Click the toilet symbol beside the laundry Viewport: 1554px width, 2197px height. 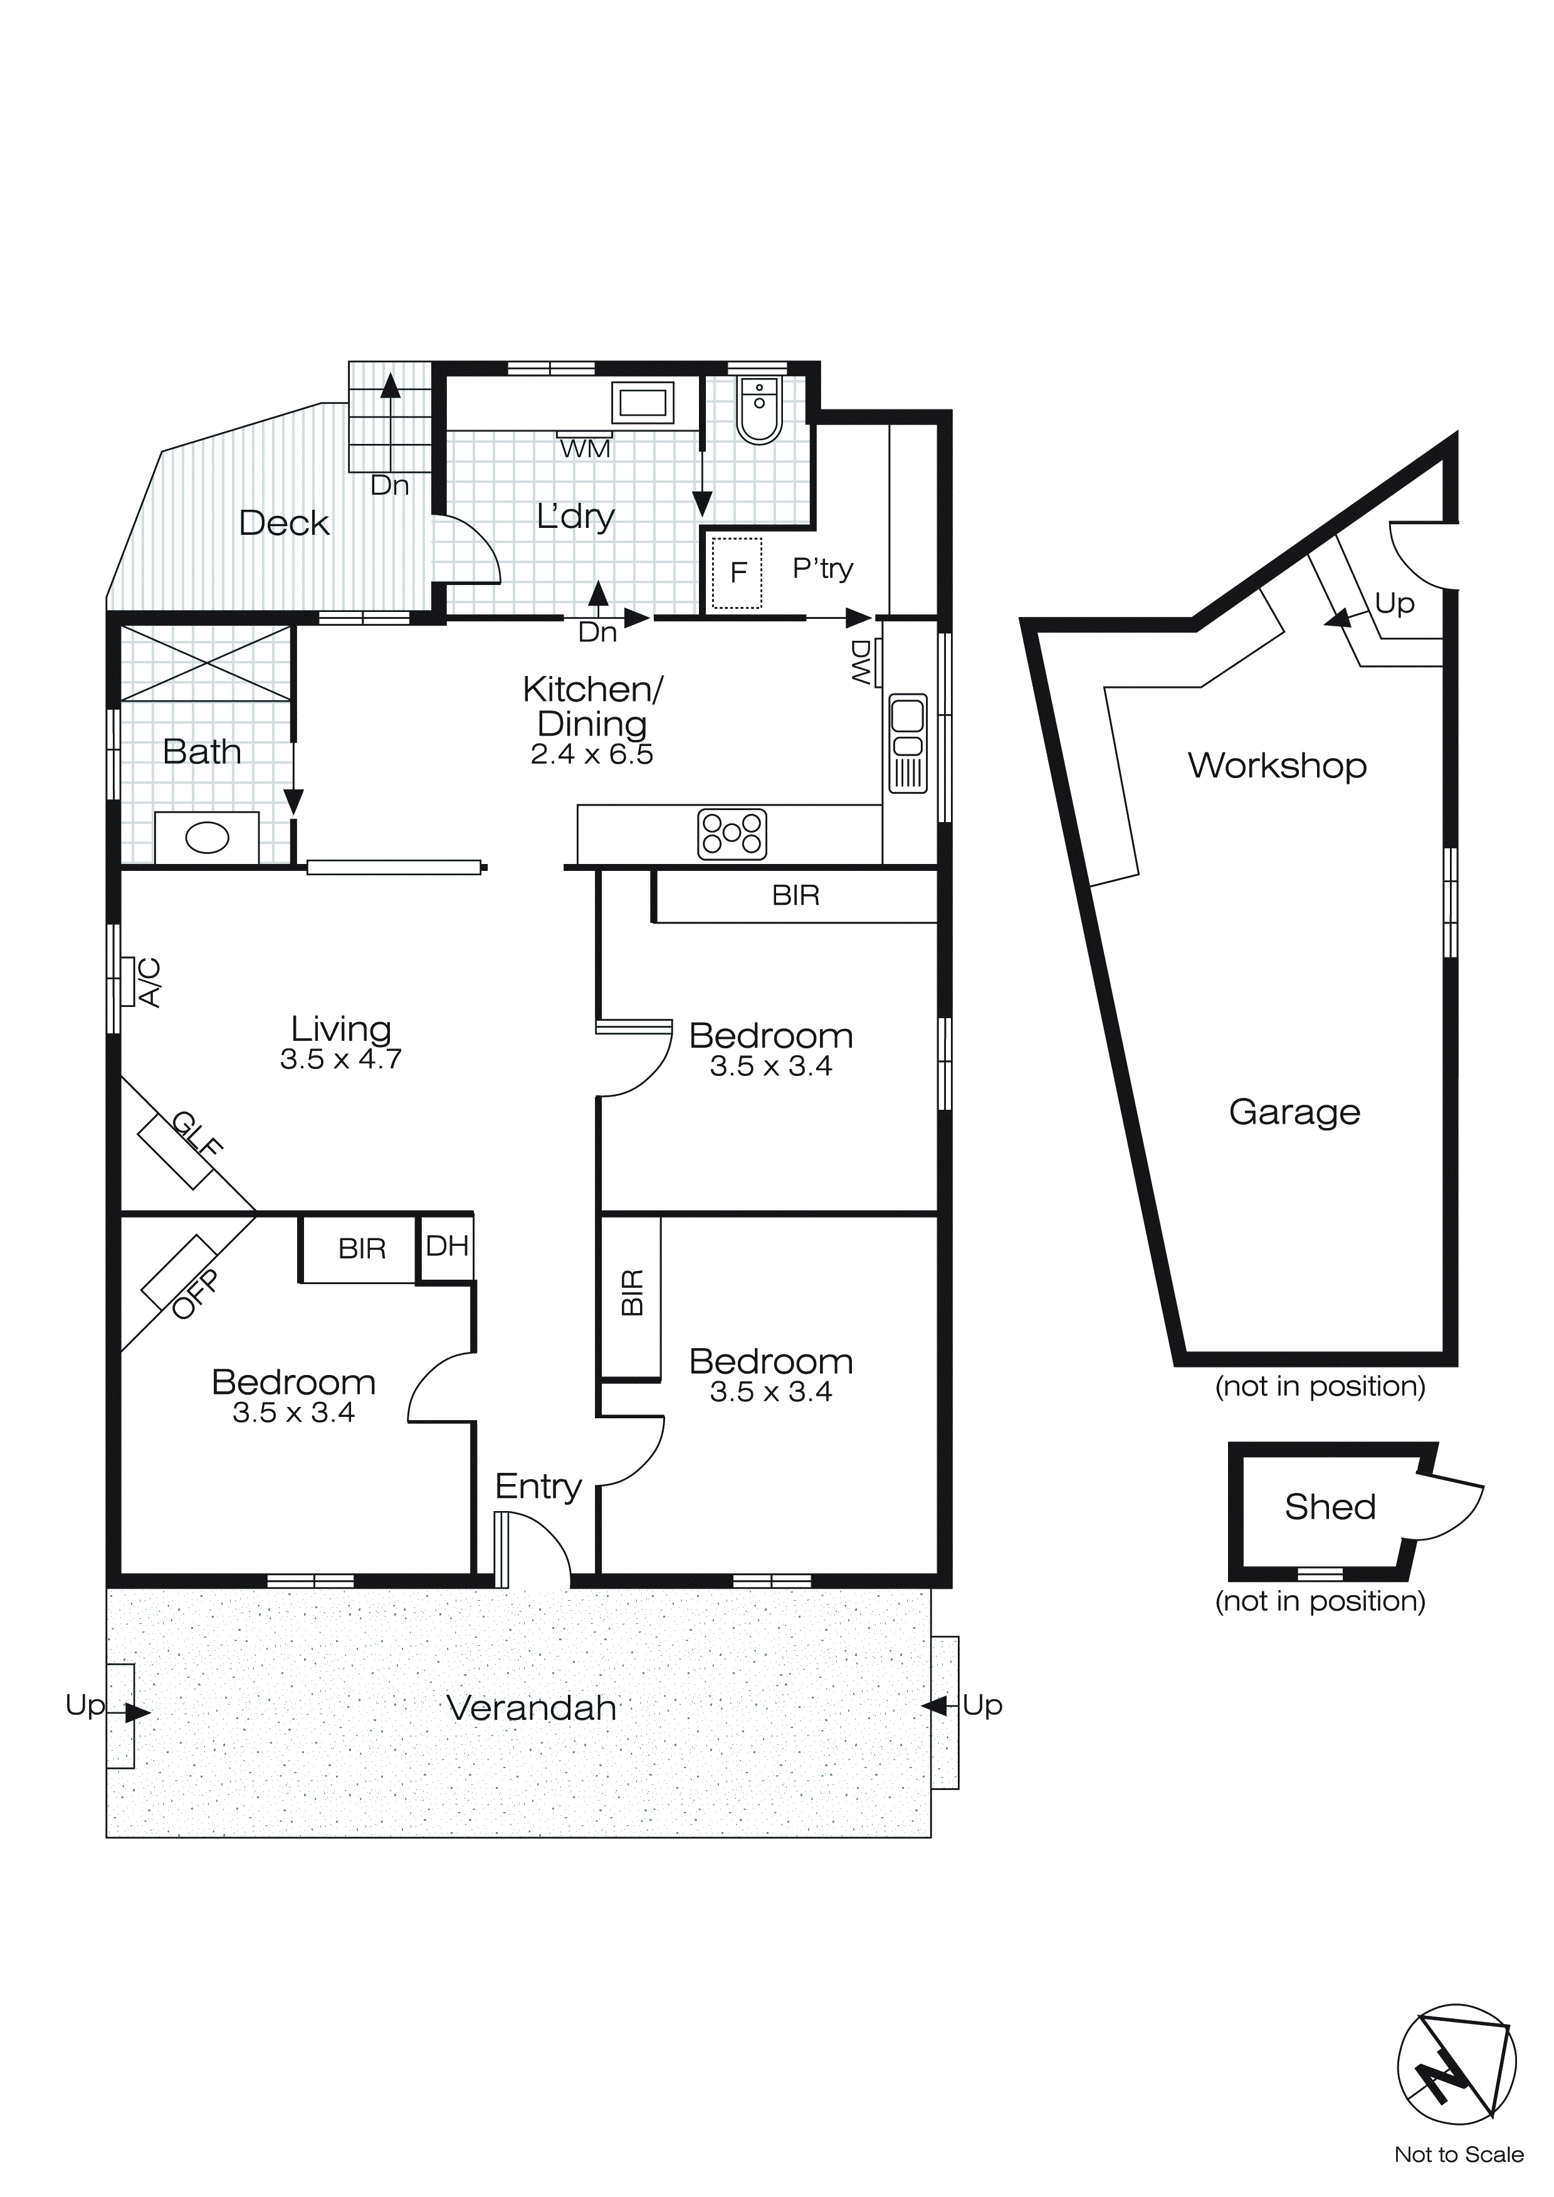tap(760, 409)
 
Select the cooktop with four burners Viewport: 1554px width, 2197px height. tap(732, 833)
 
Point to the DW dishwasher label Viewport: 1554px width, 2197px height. tap(861, 662)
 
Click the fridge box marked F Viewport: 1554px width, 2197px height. tap(737, 572)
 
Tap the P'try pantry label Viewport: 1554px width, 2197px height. tap(822, 569)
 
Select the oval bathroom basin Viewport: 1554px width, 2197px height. tap(207, 838)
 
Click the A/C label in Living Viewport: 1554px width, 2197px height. tap(150, 982)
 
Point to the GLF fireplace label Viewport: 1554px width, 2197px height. tap(197, 1133)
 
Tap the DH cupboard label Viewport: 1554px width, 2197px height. tap(447, 1246)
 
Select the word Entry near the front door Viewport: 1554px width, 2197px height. tap(538, 1486)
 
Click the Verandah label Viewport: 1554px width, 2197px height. tap(531, 1708)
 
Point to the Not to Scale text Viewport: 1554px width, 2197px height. tap(1458, 2154)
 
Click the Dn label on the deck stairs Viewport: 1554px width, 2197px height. tap(389, 485)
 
